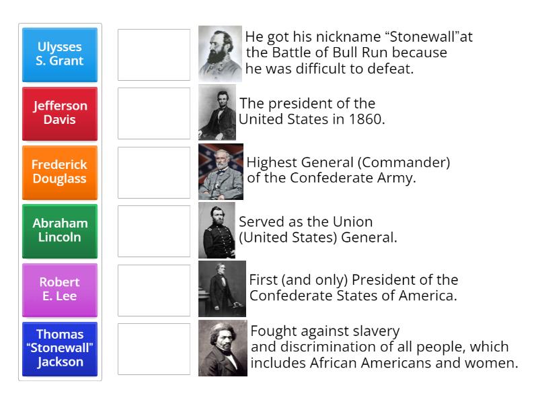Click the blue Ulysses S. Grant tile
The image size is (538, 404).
[x=60, y=54]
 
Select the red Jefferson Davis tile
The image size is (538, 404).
[x=60, y=112]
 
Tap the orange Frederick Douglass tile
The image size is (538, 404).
[x=60, y=171]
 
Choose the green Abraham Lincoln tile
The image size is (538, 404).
[x=60, y=230]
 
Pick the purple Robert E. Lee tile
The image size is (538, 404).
[x=60, y=289]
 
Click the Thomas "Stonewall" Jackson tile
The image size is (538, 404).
[x=60, y=348]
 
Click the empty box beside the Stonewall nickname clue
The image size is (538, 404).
[x=154, y=55]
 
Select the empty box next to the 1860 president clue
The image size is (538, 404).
[x=154, y=113]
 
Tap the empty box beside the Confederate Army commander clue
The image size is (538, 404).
[x=154, y=172]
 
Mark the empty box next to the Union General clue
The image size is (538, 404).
[x=154, y=231]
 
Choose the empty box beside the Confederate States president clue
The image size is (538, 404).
[x=154, y=290]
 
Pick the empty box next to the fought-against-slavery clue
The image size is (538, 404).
[x=154, y=349]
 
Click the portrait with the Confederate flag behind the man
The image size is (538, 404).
[x=221, y=172]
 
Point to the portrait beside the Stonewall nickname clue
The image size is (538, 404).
[x=220, y=54]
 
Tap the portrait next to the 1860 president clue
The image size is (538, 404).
[x=217, y=112]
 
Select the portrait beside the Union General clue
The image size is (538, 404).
[x=217, y=230]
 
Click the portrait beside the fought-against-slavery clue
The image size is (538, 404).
[x=223, y=348]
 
